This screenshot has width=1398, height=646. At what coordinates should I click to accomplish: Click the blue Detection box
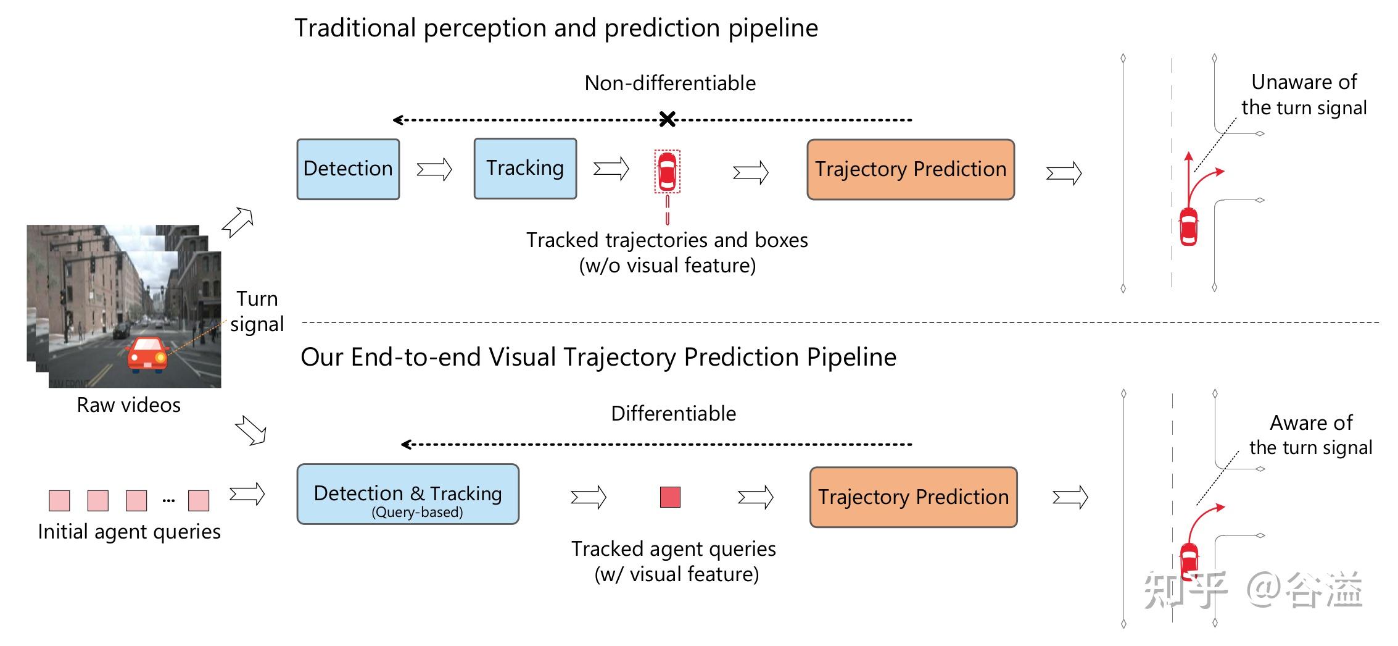click(x=348, y=169)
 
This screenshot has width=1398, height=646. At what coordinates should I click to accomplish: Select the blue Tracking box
click(x=525, y=169)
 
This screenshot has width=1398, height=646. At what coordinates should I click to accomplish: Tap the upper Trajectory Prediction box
click(x=911, y=169)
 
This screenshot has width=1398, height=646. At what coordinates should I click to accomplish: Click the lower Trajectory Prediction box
click(x=913, y=497)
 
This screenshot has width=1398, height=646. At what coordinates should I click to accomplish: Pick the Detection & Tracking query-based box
click(x=408, y=495)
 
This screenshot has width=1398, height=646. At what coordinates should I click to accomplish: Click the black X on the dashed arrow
click(x=667, y=119)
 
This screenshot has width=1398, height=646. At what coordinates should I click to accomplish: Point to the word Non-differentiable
click(x=670, y=83)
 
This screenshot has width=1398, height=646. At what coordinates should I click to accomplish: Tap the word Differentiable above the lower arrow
click(x=673, y=413)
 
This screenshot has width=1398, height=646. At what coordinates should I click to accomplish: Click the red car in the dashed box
click(x=667, y=171)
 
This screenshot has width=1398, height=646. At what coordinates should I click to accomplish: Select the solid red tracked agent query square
click(x=670, y=497)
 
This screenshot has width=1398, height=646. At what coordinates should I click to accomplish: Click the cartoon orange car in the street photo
click(x=147, y=355)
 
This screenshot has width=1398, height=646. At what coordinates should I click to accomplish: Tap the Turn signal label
click(x=257, y=311)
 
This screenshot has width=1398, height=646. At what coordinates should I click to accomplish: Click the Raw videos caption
click(x=128, y=405)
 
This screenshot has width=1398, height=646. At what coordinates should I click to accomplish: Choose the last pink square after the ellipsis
click(x=198, y=500)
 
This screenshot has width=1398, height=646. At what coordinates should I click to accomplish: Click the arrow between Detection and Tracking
click(x=434, y=169)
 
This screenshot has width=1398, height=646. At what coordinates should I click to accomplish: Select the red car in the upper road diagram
click(x=1188, y=227)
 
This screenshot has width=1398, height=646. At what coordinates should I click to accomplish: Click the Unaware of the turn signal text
click(x=1304, y=94)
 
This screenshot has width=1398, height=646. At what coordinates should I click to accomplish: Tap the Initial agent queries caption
click(x=129, y=532)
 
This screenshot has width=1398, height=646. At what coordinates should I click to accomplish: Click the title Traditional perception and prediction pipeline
click(x=556, y=28)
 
